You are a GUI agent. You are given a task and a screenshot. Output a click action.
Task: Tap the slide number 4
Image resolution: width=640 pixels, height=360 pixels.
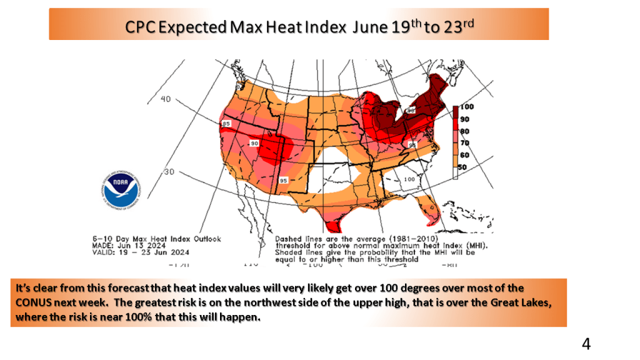586,343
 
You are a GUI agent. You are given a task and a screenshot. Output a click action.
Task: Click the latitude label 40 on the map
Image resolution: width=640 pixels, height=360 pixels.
166,99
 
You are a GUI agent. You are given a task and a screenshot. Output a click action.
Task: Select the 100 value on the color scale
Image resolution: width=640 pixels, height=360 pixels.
467,107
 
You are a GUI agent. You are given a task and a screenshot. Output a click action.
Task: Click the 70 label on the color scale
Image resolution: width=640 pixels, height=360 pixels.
465,143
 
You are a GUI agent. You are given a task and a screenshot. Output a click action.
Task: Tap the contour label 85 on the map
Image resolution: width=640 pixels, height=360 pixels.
227,124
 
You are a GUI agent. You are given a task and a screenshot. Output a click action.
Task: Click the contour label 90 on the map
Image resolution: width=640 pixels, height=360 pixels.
254,144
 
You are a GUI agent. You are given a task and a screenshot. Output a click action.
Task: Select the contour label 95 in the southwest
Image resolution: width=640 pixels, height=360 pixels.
283,181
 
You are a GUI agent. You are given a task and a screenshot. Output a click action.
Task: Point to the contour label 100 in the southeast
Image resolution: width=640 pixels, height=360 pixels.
409,179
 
